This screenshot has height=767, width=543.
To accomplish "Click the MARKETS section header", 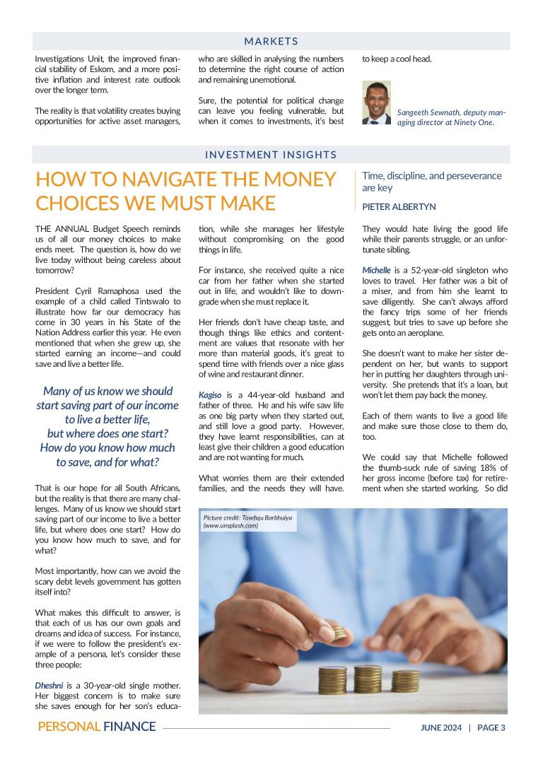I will click(271, 42).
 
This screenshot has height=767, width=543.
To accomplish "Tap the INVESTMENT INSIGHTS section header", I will click(271, 155).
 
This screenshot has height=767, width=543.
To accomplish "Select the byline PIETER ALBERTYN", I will click(399, 207).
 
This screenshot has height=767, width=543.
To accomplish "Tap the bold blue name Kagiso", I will click(211, 394).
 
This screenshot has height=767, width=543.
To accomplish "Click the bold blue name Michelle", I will click(376, 271).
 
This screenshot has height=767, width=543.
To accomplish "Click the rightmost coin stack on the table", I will click(405, 681).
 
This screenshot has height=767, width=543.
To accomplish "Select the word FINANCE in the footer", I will click(129, 727).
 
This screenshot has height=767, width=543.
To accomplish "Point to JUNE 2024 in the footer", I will click(441, 727).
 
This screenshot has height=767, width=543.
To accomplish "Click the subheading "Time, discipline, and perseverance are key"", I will click(431, 182).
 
